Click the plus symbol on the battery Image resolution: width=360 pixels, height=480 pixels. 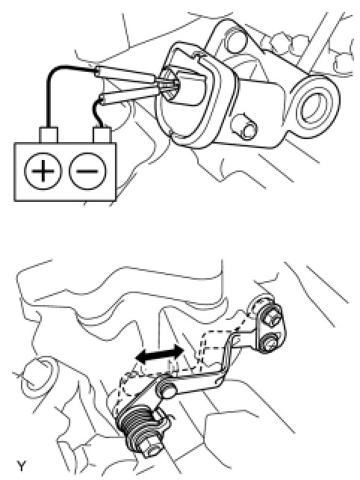(x=43, y=170)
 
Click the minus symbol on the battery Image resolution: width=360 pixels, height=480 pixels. (x=87, y=170)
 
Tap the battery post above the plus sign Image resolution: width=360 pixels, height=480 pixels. (x=49, y=135)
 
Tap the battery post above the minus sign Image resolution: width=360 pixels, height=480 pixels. (x=102, y=135)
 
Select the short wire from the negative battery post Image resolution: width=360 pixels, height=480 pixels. (x=98, y=110)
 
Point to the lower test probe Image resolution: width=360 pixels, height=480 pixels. (x=131, y=95)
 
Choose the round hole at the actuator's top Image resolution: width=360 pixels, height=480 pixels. (x=235, y=40)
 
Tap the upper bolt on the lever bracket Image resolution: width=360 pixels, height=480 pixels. (x=270, y=316)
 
